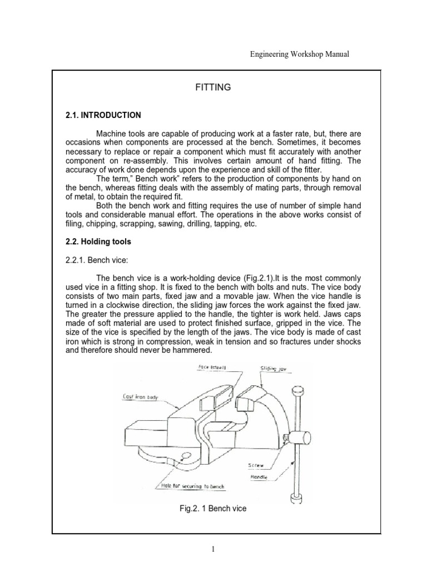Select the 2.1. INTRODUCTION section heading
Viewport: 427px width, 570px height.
103,115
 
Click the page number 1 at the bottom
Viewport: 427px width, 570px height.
213,549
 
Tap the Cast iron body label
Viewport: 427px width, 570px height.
141,397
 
